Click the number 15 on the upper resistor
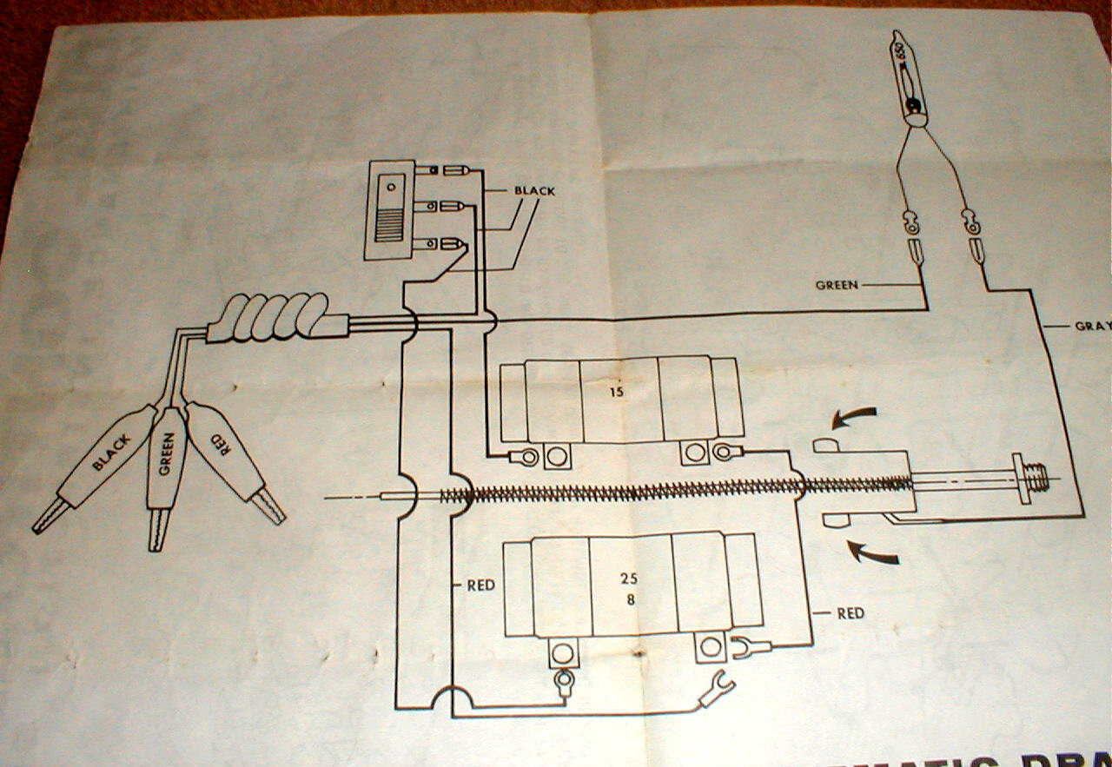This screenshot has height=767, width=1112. [616, 392]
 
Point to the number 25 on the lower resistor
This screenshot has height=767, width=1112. [630, 577]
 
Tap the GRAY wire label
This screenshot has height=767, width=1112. [1092, 327]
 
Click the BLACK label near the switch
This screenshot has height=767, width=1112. [533, 190]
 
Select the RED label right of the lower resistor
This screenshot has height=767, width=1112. [851, 613]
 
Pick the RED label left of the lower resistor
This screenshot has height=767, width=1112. [480, 585]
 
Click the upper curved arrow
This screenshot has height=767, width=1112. [854, 419]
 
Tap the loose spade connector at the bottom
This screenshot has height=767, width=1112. [718, 690]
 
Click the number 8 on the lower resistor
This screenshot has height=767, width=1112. [630, 598]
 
